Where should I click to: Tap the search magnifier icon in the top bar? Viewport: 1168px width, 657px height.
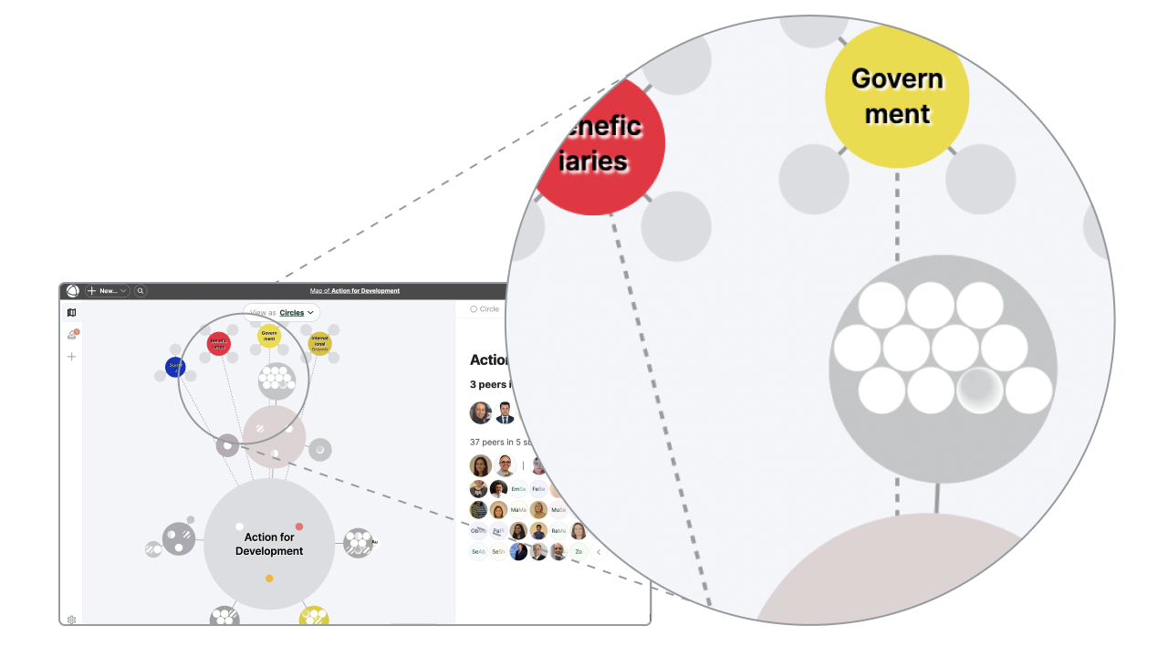(x=141, y=291)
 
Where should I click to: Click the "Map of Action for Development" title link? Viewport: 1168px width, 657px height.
(x=355, y=291)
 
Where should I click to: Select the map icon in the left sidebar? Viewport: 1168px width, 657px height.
(x=72, y=313)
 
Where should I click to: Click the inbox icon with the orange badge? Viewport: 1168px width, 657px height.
(x=72, y=335)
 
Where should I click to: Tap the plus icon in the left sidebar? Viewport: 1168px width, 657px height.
(x=72, y=357)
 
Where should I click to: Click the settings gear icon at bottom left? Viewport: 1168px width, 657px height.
(x=72, y=620)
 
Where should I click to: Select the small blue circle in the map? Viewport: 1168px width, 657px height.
(x=175, y=368)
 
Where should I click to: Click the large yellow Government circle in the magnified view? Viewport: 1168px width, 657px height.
(x=896, y=97)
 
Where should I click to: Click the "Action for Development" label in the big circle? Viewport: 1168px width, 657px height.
(x=269, y=544)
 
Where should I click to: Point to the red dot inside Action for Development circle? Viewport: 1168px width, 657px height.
(x=299, y=527)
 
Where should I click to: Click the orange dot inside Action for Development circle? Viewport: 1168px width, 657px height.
(x=269, y=579)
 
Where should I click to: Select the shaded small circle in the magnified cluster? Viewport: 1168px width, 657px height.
(x=979, y=390)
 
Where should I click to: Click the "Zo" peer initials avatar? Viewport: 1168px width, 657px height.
(x=579, y=552)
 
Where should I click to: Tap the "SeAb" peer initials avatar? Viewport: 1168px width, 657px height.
(x=478, y=552)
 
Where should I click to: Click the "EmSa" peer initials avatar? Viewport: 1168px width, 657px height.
(x=518, y=489)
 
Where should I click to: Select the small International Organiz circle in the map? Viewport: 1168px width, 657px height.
(x=319, y=344)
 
